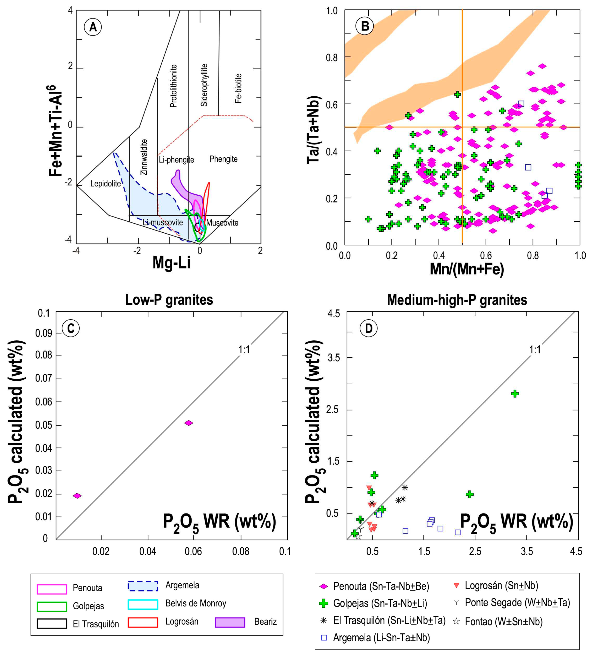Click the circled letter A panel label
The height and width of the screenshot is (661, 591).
(93, 27)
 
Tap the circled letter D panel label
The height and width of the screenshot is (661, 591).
(369, 328)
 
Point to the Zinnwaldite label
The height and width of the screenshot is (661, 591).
(144, 157)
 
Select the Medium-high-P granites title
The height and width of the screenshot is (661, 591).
(457, 300)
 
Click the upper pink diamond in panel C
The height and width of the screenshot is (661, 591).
(189, 423)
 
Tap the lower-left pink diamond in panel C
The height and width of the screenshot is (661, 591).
(77, 496)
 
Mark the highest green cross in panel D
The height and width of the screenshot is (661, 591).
(515, 394)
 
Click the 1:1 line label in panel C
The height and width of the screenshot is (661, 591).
(244, 350)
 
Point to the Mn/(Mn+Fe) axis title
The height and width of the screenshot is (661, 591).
(467, 269)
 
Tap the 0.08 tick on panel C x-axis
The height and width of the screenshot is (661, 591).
(241, 551)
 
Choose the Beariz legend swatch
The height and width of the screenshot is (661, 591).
(230, 622)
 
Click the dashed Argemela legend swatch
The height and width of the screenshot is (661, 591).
(143, 586)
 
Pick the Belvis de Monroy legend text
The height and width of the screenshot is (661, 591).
(195, 604)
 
